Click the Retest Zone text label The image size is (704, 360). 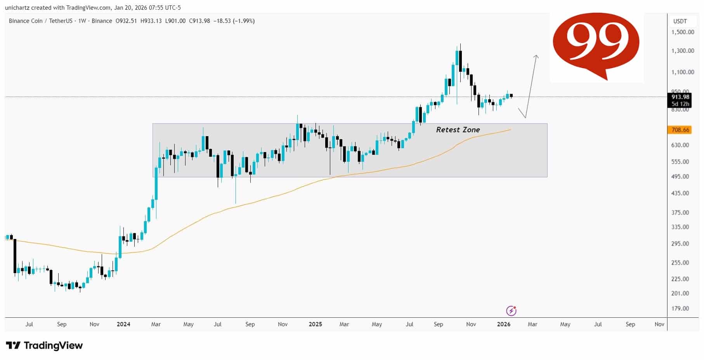click(458, 130)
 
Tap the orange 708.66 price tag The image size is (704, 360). click(680, 130)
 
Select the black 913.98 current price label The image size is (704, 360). click(680, 97)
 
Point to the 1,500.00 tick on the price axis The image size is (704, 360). click(683, 32)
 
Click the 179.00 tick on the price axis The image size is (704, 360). click(680, 308)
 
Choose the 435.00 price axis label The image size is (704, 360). click(680, 193)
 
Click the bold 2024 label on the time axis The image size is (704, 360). click(123, 324)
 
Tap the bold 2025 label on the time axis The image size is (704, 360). click(315, 324)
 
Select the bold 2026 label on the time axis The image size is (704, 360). click(503, 324)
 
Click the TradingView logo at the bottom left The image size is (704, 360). click(44, 345)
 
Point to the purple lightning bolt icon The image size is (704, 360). click(511, 311)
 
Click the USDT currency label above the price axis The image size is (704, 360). click(680, 21)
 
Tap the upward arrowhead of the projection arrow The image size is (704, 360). click(536, 57)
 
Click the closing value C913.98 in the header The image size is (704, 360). click(199, 21)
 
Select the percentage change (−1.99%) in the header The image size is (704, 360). click(244, 21)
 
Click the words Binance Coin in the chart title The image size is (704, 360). click(26, 21)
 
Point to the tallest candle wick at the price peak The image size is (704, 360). click(460, 47)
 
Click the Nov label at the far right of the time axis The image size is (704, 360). click(659, 324)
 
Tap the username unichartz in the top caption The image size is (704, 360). click(17, 7)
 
